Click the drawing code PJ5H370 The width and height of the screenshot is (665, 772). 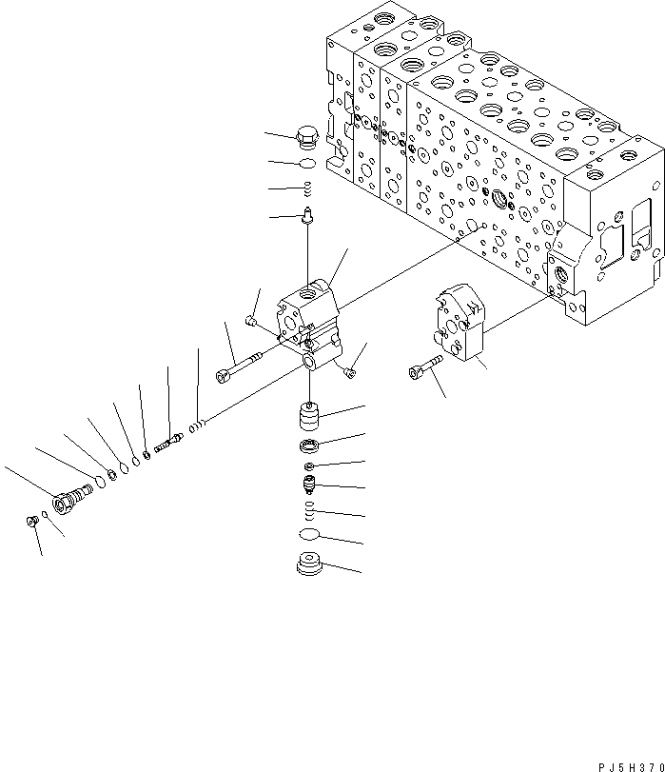tap(618, 764)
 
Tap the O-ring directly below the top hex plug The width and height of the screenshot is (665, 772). tap(307, 164)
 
